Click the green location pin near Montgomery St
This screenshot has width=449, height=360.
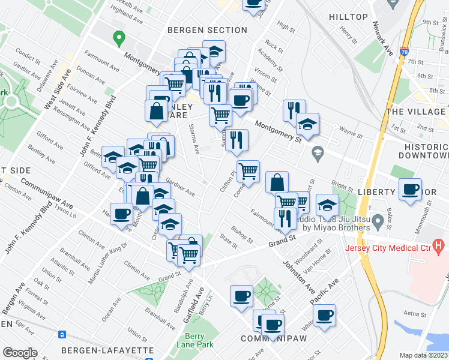pyautogui.click(x=119, y=40)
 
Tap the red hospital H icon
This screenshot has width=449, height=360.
pyautogui.click(x=439, y=245)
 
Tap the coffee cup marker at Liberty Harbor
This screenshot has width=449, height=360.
pyautogui.click(x=411, y=190)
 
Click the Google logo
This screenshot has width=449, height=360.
pyautogui.click(x=20, y=353)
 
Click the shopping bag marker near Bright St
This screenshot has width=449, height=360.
pyautogui.click(x=277, y=182)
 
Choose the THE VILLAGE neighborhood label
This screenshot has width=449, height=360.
pyautogui.click(x=417, y=112)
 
